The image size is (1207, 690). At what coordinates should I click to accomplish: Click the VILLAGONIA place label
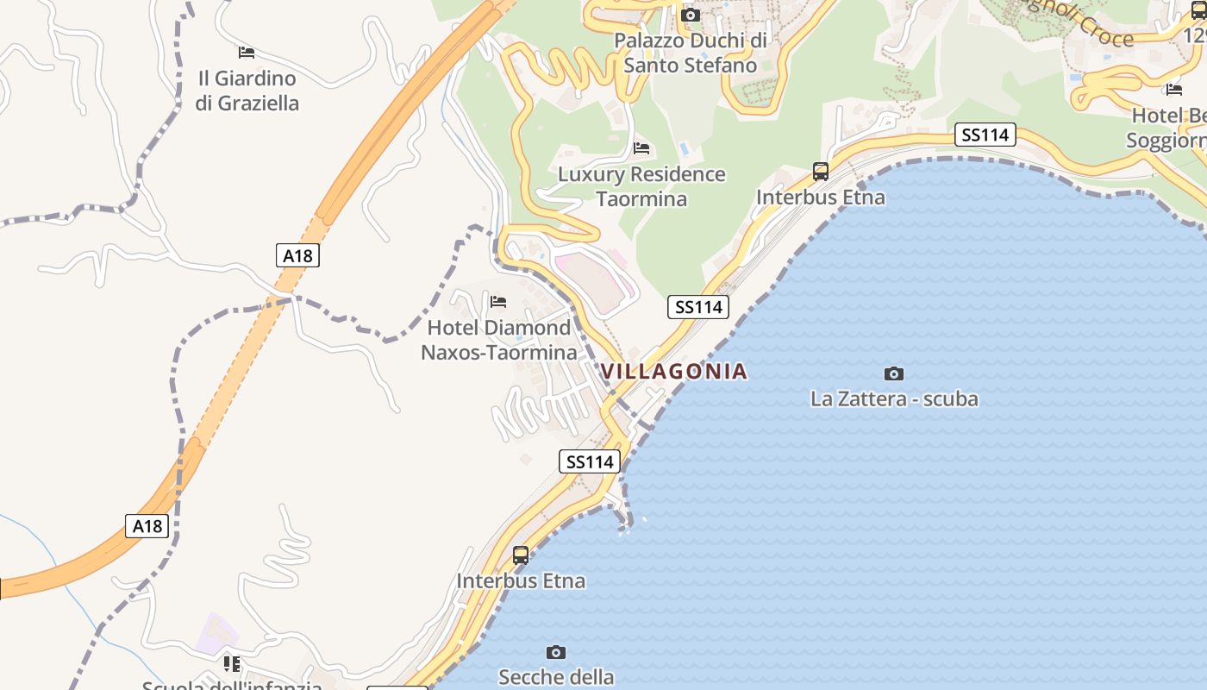673,372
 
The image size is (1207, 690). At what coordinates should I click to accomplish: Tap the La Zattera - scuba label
894,399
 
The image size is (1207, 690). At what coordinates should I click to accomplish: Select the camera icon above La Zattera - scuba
894,373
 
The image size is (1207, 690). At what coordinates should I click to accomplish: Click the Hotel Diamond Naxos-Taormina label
499,341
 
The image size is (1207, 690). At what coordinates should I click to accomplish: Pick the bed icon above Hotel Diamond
498,302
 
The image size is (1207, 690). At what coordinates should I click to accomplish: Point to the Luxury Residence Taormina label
641,186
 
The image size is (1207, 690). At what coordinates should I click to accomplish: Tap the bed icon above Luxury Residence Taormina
641,148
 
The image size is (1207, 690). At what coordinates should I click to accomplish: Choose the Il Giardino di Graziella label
247,91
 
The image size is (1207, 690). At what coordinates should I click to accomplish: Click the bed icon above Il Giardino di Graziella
247,53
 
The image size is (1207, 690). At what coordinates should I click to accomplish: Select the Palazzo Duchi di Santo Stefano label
691,53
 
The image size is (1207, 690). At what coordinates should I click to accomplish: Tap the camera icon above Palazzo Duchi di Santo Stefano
690,15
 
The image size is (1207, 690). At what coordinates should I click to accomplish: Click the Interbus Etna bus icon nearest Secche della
521,555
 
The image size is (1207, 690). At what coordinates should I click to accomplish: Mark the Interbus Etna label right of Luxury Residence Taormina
821,198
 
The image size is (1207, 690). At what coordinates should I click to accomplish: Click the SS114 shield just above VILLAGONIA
698,307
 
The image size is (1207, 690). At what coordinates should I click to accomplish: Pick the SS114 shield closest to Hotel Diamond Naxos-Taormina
590,461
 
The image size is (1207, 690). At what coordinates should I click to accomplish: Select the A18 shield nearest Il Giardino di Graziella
298,255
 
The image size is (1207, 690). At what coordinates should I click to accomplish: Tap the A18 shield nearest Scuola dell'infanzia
147,526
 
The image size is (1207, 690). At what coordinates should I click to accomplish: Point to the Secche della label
556,677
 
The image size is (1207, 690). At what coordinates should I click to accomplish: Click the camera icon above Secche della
556,652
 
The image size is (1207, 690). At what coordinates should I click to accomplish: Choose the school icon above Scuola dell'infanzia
231,663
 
